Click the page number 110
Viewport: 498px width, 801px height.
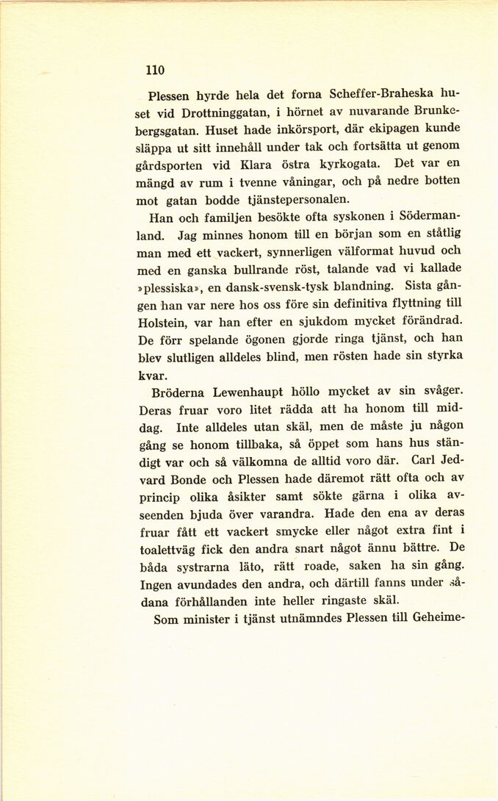(154, 71)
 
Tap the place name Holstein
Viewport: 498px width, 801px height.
(165, 323)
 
